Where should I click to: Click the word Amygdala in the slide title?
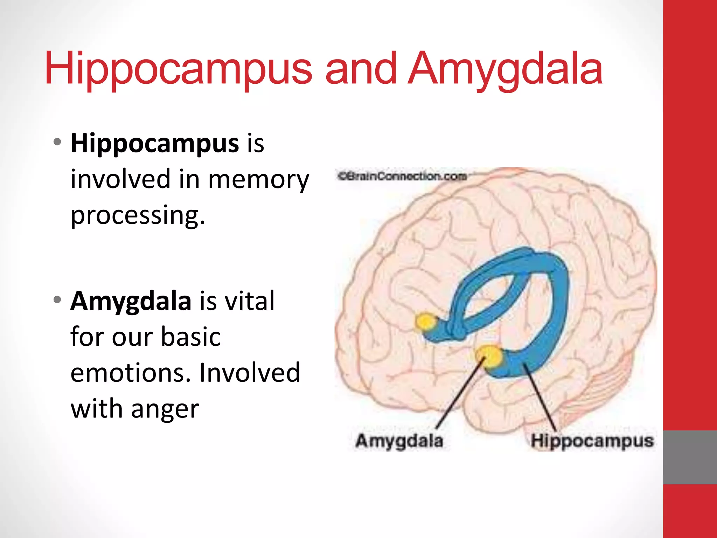(x=505, y=69)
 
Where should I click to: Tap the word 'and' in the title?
(x=361, y=69)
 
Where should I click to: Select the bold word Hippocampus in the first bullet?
(x=155, y=144)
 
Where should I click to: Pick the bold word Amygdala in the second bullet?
(x=131, y=301)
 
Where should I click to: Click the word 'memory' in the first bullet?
(x=259, y=179)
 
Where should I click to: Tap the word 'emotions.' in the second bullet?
(x=131, y=373)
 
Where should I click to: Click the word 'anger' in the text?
(x=165, y=409)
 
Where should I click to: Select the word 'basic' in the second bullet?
(x=191, y=337)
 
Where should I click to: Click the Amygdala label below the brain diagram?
(x=399, y=441)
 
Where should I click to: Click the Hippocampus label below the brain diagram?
(x=592, y=441)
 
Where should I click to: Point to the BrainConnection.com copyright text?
(x=402, y=176)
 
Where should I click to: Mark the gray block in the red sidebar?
(x=690, y=457)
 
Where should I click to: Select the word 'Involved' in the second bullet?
(x=250, y=373)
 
